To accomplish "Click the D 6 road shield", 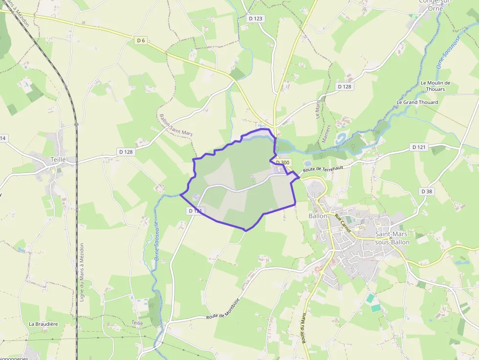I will pos(141,41).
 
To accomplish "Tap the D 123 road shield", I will pos(255,19).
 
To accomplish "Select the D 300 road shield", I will pos(283,162).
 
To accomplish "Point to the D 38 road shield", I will pos(427,191).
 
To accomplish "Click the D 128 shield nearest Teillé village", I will pos(125,152).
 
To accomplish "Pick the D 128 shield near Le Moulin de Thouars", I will pos(344,86).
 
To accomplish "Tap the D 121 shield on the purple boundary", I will pos(195,211).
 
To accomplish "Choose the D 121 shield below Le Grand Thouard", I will pos(419,147).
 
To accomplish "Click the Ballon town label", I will pos(318,215).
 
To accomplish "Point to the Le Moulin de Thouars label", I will pos(435,86).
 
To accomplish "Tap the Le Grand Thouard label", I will pos(417,103).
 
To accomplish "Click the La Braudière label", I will pos(44,324).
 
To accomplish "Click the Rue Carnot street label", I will pos(343,222).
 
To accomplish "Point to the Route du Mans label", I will pos(304,328).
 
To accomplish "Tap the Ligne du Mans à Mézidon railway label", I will pos(82,272).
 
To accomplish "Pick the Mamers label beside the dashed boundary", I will pos(326,133).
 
